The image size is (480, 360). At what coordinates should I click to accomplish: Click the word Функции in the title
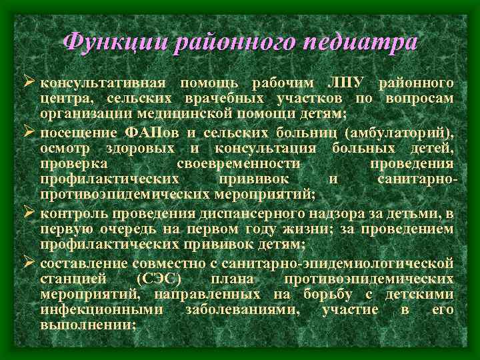coord(114,41)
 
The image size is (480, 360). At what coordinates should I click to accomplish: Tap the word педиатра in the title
coord(359,41)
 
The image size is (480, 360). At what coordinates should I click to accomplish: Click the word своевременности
coord(238,163)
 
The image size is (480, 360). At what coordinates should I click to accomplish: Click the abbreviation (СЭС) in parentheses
coord(158,279)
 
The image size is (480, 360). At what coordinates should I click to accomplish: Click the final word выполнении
coord(87,326)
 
